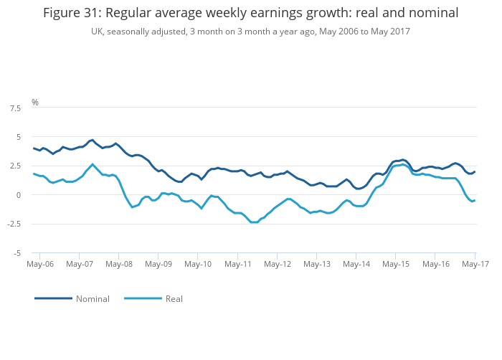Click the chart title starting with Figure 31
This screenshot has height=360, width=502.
click(250, 13)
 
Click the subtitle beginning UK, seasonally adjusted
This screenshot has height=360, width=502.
click(250, 32)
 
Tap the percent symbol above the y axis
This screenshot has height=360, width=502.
click(34, 103)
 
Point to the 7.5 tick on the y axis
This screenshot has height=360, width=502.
click(15, 108)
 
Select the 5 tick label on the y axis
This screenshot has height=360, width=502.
click(19, 137)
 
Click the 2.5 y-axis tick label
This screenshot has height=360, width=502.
click(15, 166)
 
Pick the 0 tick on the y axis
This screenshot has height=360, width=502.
click(19, 195)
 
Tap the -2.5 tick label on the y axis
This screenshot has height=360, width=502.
click(14, 224)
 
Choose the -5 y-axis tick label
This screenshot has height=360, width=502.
click(17, 253)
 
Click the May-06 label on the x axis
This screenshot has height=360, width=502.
click(40, 264)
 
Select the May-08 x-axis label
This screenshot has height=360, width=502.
click(119, 264)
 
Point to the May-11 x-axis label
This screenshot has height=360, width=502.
click(238, 264)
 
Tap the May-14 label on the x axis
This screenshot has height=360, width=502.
click(356, 264)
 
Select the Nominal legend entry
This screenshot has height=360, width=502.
click(93, 298)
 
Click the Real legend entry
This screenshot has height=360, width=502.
click(174, 298)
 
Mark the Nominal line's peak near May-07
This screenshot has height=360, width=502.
click(93, 140)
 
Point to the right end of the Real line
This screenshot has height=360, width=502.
click(475, 200)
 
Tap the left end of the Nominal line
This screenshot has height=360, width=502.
click(34, 148)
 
